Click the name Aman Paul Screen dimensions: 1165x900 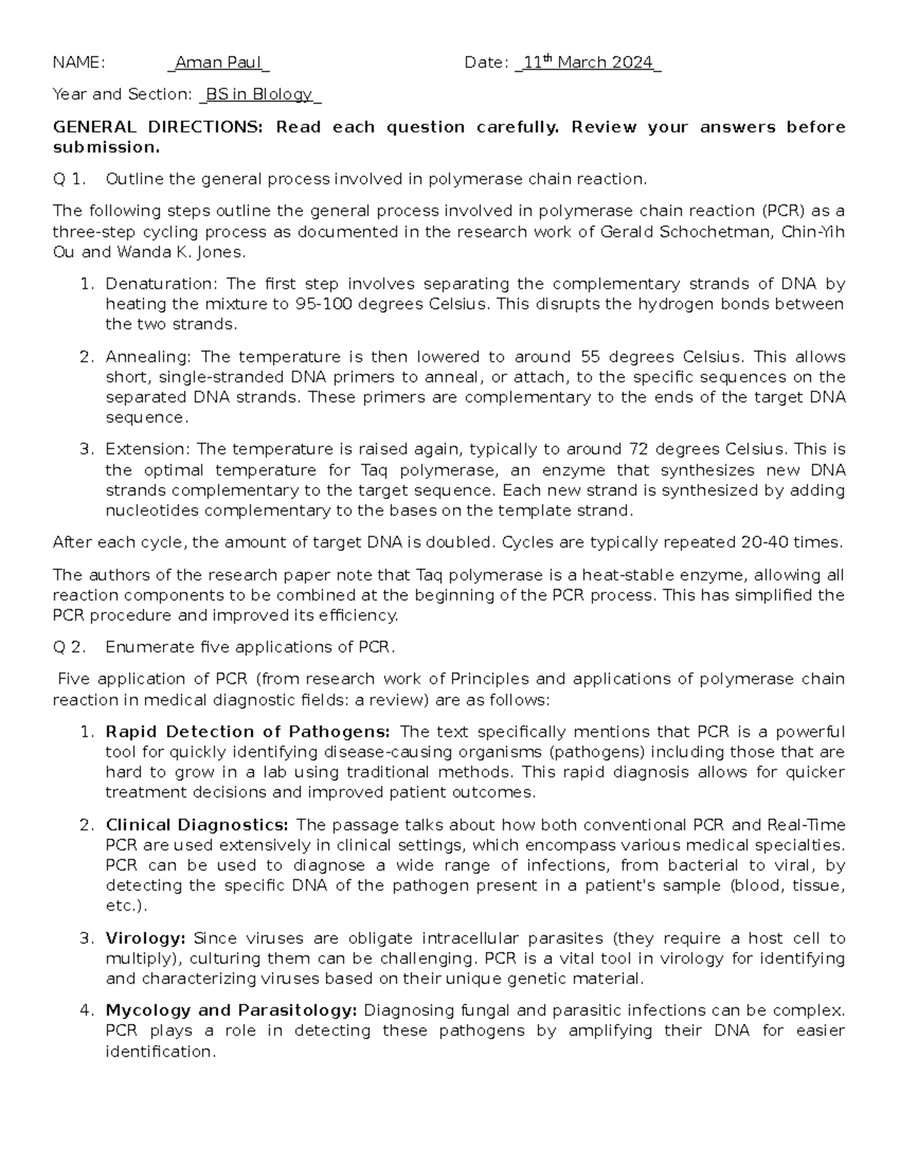pyautogui.click(x=217, y=63)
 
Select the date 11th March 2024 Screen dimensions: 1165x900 pyautogui.click(x=588, y=63)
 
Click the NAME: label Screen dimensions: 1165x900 pyautogui.click(x=79, y=63)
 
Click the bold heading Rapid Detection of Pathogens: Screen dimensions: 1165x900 pyautogui.click(x=247, y=732)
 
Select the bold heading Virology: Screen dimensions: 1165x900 pyautogui.click(x=145, y=938)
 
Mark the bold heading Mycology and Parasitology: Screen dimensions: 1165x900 pyautogui.click(x=232, y=1010)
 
